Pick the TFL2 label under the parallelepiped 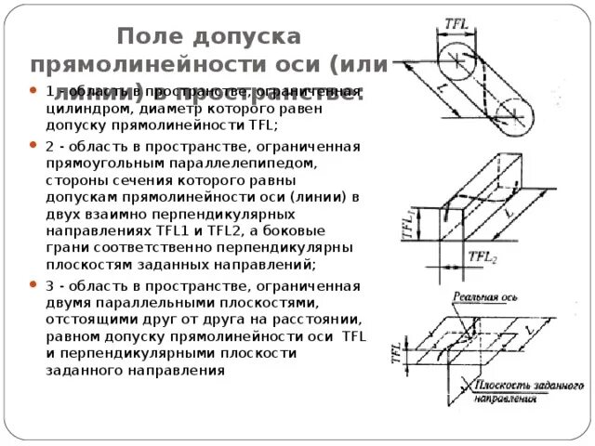point(482,257)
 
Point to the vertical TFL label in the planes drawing point(396,353)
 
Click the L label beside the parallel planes point(531,331)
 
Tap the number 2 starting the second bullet point(48,147)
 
